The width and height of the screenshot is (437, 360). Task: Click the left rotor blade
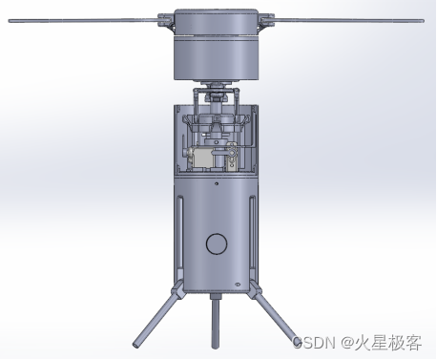point(83,21)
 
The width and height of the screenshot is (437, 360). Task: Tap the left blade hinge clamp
point(166,21)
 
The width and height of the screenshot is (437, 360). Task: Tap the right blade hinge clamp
point(266,21)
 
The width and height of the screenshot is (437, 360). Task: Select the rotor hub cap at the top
point(216,22)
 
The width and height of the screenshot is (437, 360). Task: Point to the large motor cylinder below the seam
point(216,58)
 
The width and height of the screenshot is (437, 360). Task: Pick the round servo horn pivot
point(233,153)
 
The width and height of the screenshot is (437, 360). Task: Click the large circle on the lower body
point(217,244)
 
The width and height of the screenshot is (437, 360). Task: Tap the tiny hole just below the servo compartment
point(217,183)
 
